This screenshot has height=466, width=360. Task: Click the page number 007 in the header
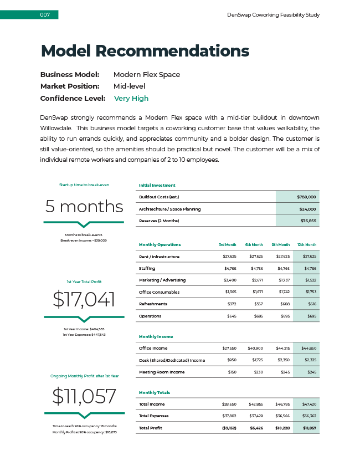[x=45, y=15]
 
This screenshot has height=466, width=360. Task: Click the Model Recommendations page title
[x=145, y=51]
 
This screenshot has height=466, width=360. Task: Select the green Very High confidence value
[x=131, y=99]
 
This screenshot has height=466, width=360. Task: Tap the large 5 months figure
[x=84, y=207]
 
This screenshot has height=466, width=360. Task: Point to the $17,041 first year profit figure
[x=84, y=300]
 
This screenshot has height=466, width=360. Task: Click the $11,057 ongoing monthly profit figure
[x=84, y=396]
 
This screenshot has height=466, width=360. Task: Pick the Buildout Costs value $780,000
[x=306, y=197]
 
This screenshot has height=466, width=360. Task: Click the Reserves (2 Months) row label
[x=163, y=221]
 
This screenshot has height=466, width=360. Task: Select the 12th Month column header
[x=306, y=244]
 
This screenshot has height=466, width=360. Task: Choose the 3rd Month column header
[x=227, y=244]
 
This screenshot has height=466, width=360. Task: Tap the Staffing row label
[x=147, y=268]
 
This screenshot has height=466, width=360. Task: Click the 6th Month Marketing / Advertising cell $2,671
[x=255, y=280]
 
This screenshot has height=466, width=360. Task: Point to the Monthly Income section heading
[x=156, y=336]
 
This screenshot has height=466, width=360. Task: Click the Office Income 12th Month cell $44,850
[x=307, y=349]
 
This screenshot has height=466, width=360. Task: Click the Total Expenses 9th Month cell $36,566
[x=281, y=416]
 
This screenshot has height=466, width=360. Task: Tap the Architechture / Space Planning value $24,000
[x=307, y=209]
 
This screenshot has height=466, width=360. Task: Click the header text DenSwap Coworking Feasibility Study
[x=273, y=15]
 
